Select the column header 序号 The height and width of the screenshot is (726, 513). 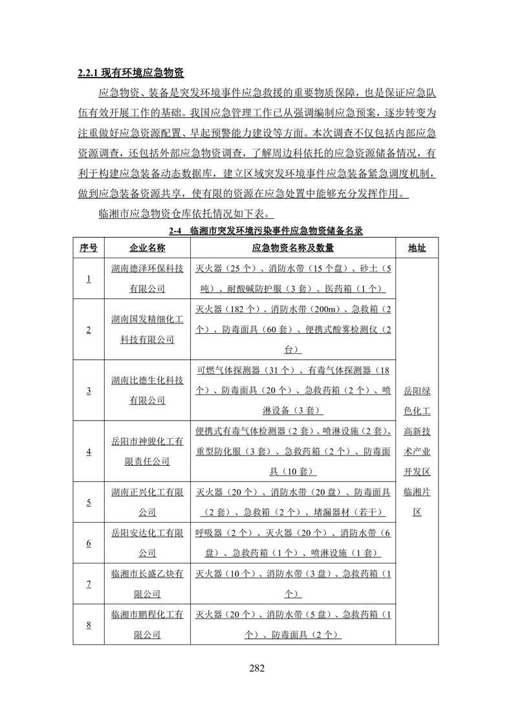tap(89, 248)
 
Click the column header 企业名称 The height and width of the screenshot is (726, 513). tap(147, 248)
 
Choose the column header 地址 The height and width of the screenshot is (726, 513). tap(417, 248)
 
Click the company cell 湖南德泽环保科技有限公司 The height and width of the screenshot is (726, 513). tap(147, 279)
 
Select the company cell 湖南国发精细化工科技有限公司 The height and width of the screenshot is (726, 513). tap(147, 329)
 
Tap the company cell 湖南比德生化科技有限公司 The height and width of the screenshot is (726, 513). tap(147, 390)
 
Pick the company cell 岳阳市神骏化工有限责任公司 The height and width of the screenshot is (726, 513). tap(147, 451)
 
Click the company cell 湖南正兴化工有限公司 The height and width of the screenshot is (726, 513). tap(147, 502)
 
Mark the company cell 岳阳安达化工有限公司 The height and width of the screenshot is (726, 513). tap(147, 543)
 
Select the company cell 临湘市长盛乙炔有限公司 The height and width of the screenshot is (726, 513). tap(147, 584)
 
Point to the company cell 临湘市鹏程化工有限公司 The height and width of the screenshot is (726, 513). tap(147, 624)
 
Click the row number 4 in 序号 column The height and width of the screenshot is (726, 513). tap(89, 452)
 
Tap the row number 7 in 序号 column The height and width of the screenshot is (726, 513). tap(89, 584)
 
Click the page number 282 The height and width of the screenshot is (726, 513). tap(257, 668)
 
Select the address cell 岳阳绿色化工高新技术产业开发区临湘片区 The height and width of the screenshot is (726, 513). tap(417, 452)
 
